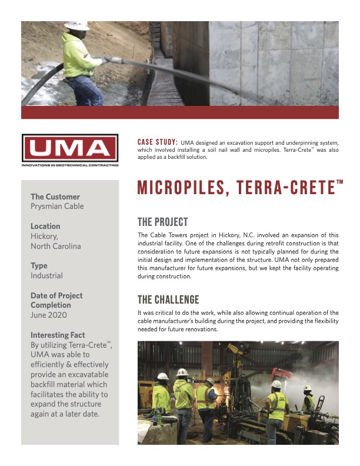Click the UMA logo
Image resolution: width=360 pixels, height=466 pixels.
[x=69, y=148]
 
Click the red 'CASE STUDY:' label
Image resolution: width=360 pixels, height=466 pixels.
[x=157, y=142]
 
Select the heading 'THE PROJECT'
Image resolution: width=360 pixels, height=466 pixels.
[x=162, y=222]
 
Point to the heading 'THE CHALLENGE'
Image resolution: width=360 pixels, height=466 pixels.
[x=168, y=300]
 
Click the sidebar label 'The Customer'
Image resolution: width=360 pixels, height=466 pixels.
[x=55, y=197]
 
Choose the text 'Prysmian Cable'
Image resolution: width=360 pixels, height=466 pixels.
[x=57, y=207]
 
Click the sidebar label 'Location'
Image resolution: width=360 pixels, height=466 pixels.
[x=45, y=226]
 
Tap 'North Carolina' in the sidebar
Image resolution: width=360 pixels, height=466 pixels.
[x=56, y=247]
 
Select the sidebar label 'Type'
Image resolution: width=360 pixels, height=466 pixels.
[x=39, y=266]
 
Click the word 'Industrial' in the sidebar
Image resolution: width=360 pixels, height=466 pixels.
[x=46, y=276]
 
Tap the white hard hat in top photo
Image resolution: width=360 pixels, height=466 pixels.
[x=76, y=25]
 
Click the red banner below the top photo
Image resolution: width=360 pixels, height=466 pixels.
[x=179, y=112]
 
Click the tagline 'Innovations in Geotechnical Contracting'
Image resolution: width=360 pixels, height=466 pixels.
[x=69, y=165]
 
